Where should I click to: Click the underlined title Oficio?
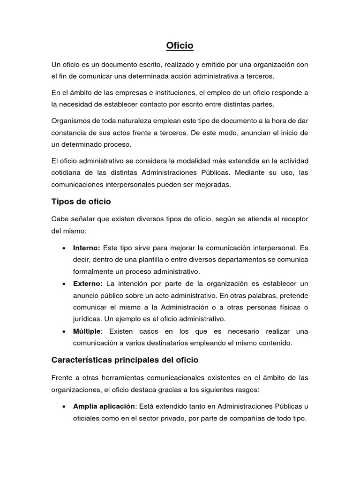pos(180,46)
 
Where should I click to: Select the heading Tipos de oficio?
pos(81,202)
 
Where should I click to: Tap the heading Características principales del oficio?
pos(125,360)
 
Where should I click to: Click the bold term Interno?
pos(87,247)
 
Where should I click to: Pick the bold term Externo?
pos(88,284)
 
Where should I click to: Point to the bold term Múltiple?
pos(87,331)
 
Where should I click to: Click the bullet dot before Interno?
pos(63,248)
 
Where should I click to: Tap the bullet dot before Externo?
pos(63,284)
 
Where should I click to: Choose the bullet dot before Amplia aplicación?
pos(63,406)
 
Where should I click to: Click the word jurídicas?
pos(87,319)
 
